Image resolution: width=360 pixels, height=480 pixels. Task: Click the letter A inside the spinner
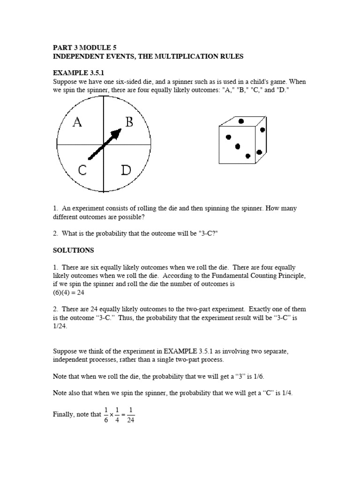coord(78,122)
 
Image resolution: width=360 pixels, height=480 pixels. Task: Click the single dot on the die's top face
coord(241,121)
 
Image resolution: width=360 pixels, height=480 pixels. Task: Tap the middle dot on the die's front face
coord(238,146)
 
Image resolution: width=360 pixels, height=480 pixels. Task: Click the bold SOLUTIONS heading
coord(73,250)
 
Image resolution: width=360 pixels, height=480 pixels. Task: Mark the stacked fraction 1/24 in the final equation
coord(131,414)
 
